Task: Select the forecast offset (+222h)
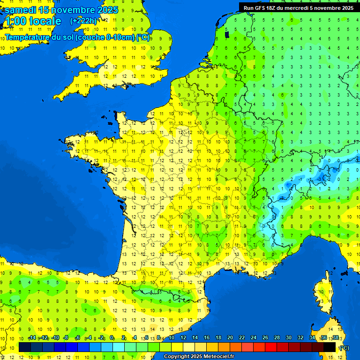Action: pyautogui.click(x=83, y=21)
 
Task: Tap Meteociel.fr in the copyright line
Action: pyautogui.click(x=219, y=357)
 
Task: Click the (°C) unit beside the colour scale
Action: pyautogui.click(x=344, y=348)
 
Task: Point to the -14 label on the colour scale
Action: pyautogui.click(x=32, y=337)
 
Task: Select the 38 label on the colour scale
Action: pyautogui.click(x=336, y=337)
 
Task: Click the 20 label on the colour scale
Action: pyautogui.click(x=230, y=337)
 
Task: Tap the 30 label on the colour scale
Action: pyautogui.click(x=289, y=337)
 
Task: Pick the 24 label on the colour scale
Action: pyautogui.click(x=254, y=337)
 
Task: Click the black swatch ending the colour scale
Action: pyautogui.click(x=330, y=347)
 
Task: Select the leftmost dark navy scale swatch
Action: pyautogui.click(x=25, y=347)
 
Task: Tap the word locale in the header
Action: pyautogui.click(x=45, y=21)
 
